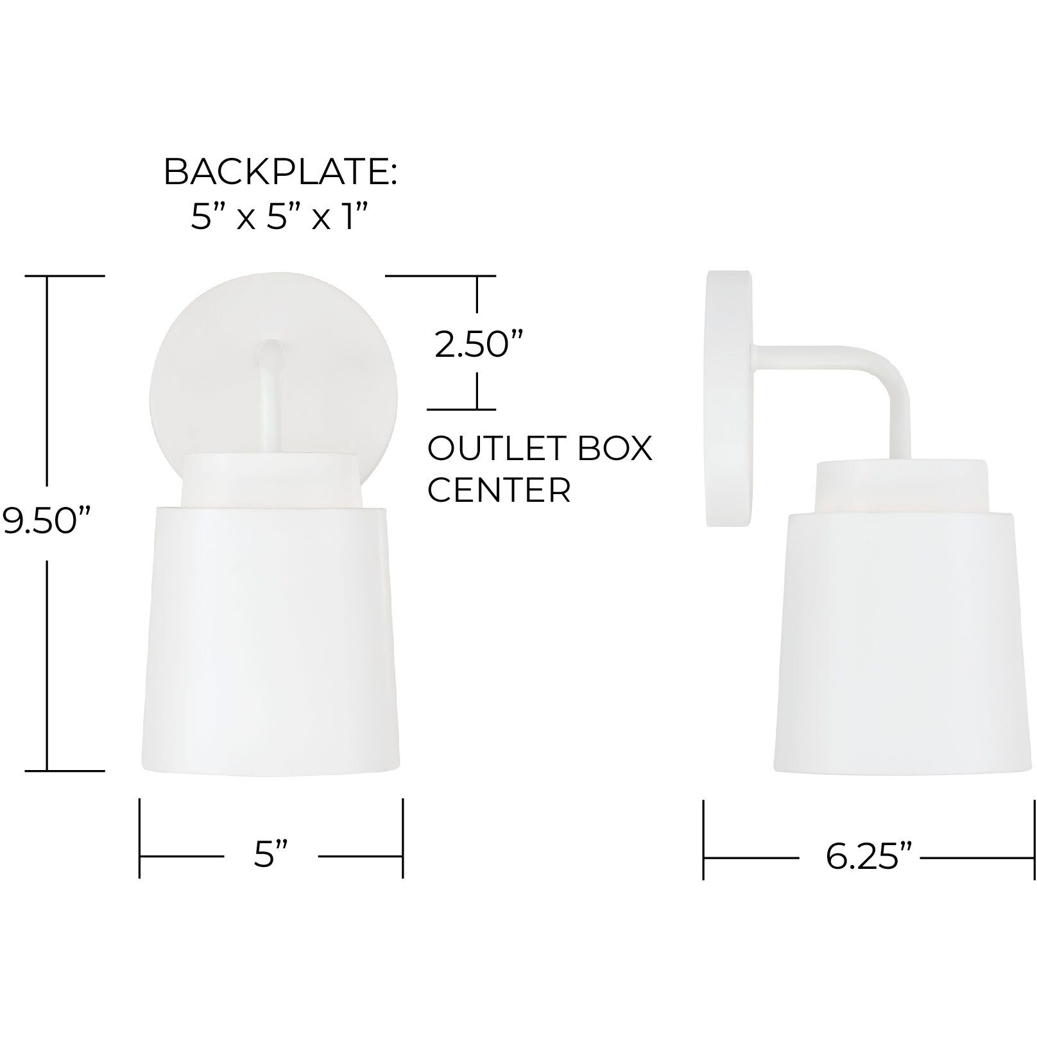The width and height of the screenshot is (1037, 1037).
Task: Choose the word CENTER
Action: (x=499, y=490)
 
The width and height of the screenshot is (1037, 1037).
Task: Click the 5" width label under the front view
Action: (x=271, y=855)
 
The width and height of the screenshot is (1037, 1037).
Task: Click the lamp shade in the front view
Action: (x=270, y=642)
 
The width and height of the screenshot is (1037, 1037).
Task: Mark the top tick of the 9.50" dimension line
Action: (x=64, y=275)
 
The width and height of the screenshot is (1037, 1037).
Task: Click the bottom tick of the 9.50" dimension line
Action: (x=64, y=770)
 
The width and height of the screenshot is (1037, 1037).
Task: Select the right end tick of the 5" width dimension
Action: (x=402, y=838)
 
